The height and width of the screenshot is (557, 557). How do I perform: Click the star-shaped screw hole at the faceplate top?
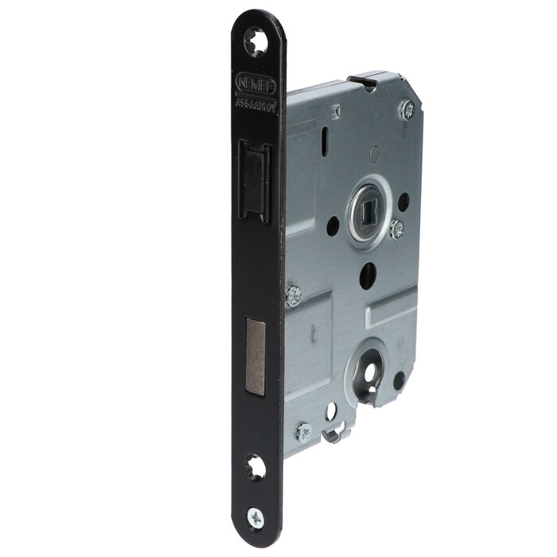[257, 41]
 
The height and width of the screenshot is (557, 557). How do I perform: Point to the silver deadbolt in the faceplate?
[256, 356]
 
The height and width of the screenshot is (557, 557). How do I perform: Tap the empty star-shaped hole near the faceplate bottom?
[256, 467]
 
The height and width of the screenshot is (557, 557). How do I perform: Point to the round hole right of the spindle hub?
[403, 200]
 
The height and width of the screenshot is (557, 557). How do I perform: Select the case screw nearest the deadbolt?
[294, 295]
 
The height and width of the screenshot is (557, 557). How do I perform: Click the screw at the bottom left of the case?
[303, 432]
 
